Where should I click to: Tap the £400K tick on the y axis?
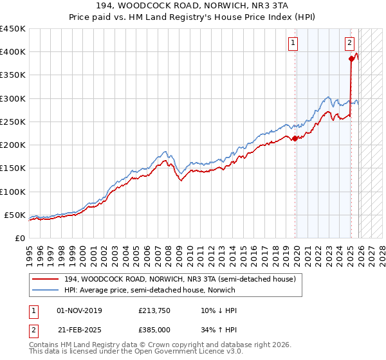[x=13, y=52]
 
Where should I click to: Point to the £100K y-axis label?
[x=13, y=192]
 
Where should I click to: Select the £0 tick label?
[x=19, y=238]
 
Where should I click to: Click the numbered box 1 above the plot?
[x=293, y=43]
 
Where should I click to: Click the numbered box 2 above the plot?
[x=349, y=43]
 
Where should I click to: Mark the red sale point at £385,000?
[x=351, y=59]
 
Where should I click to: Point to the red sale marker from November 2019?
[x=295, y=138]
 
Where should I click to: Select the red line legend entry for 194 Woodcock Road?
[x=179, y=279]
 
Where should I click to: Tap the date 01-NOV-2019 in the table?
[x=79, y=310]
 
